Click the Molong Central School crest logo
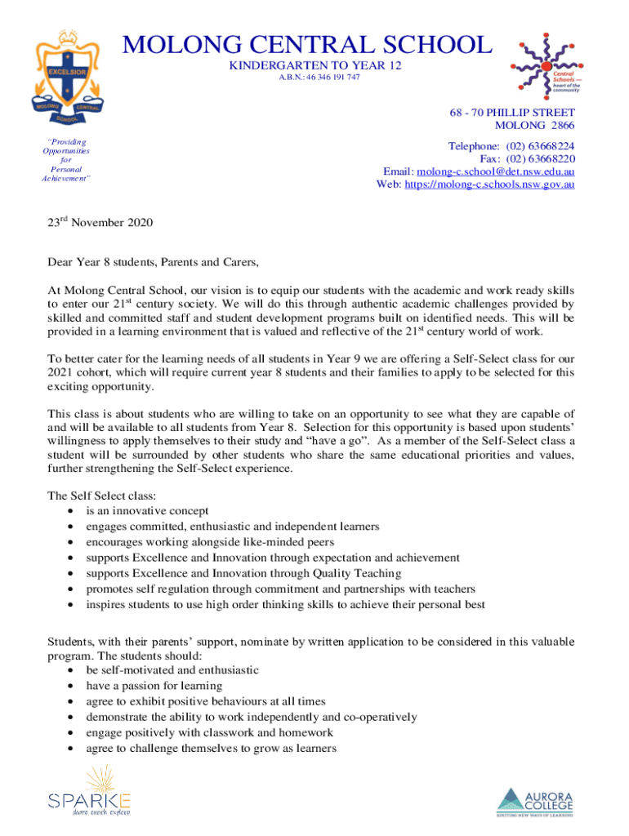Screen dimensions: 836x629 point(66,78)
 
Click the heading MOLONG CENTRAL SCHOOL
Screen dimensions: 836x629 point(308,44)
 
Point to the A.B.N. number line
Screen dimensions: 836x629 point(314,77)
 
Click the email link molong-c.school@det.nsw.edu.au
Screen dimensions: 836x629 point(495,171)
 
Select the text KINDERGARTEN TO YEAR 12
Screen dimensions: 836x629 point(314,64)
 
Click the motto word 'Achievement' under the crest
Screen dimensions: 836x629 point(66,179)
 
